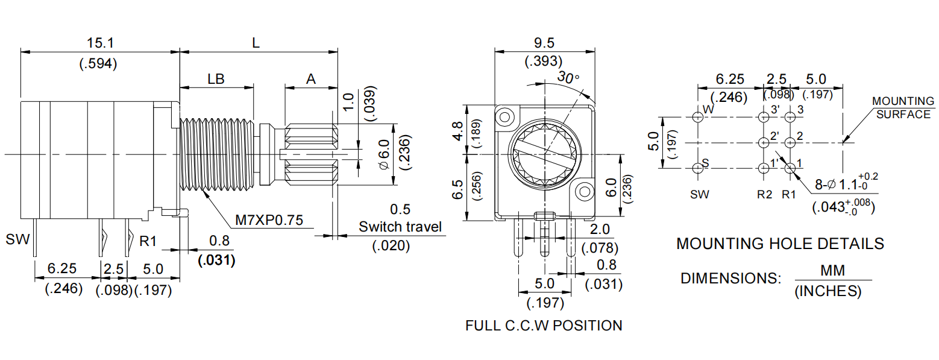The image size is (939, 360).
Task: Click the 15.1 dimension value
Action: (100, 43)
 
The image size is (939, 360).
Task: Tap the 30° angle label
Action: (568, 78)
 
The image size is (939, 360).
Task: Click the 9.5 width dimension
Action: (543, 43)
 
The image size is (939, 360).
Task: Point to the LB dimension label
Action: (216, 80)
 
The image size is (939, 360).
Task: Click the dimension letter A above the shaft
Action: (310, 80)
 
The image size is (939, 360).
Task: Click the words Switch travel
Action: (400, 227)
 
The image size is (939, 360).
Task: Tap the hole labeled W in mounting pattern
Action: (699, 118)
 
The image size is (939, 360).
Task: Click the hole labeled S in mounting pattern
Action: (699, 168)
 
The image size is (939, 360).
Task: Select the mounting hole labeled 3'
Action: (764, 118)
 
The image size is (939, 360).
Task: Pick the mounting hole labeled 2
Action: (790, 143)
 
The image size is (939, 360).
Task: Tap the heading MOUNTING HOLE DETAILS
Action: (780, 244)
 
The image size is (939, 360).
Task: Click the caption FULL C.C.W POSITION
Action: (543, 326)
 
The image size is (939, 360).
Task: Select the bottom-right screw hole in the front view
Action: (584, 192)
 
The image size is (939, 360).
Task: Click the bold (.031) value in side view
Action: (216, 261)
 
